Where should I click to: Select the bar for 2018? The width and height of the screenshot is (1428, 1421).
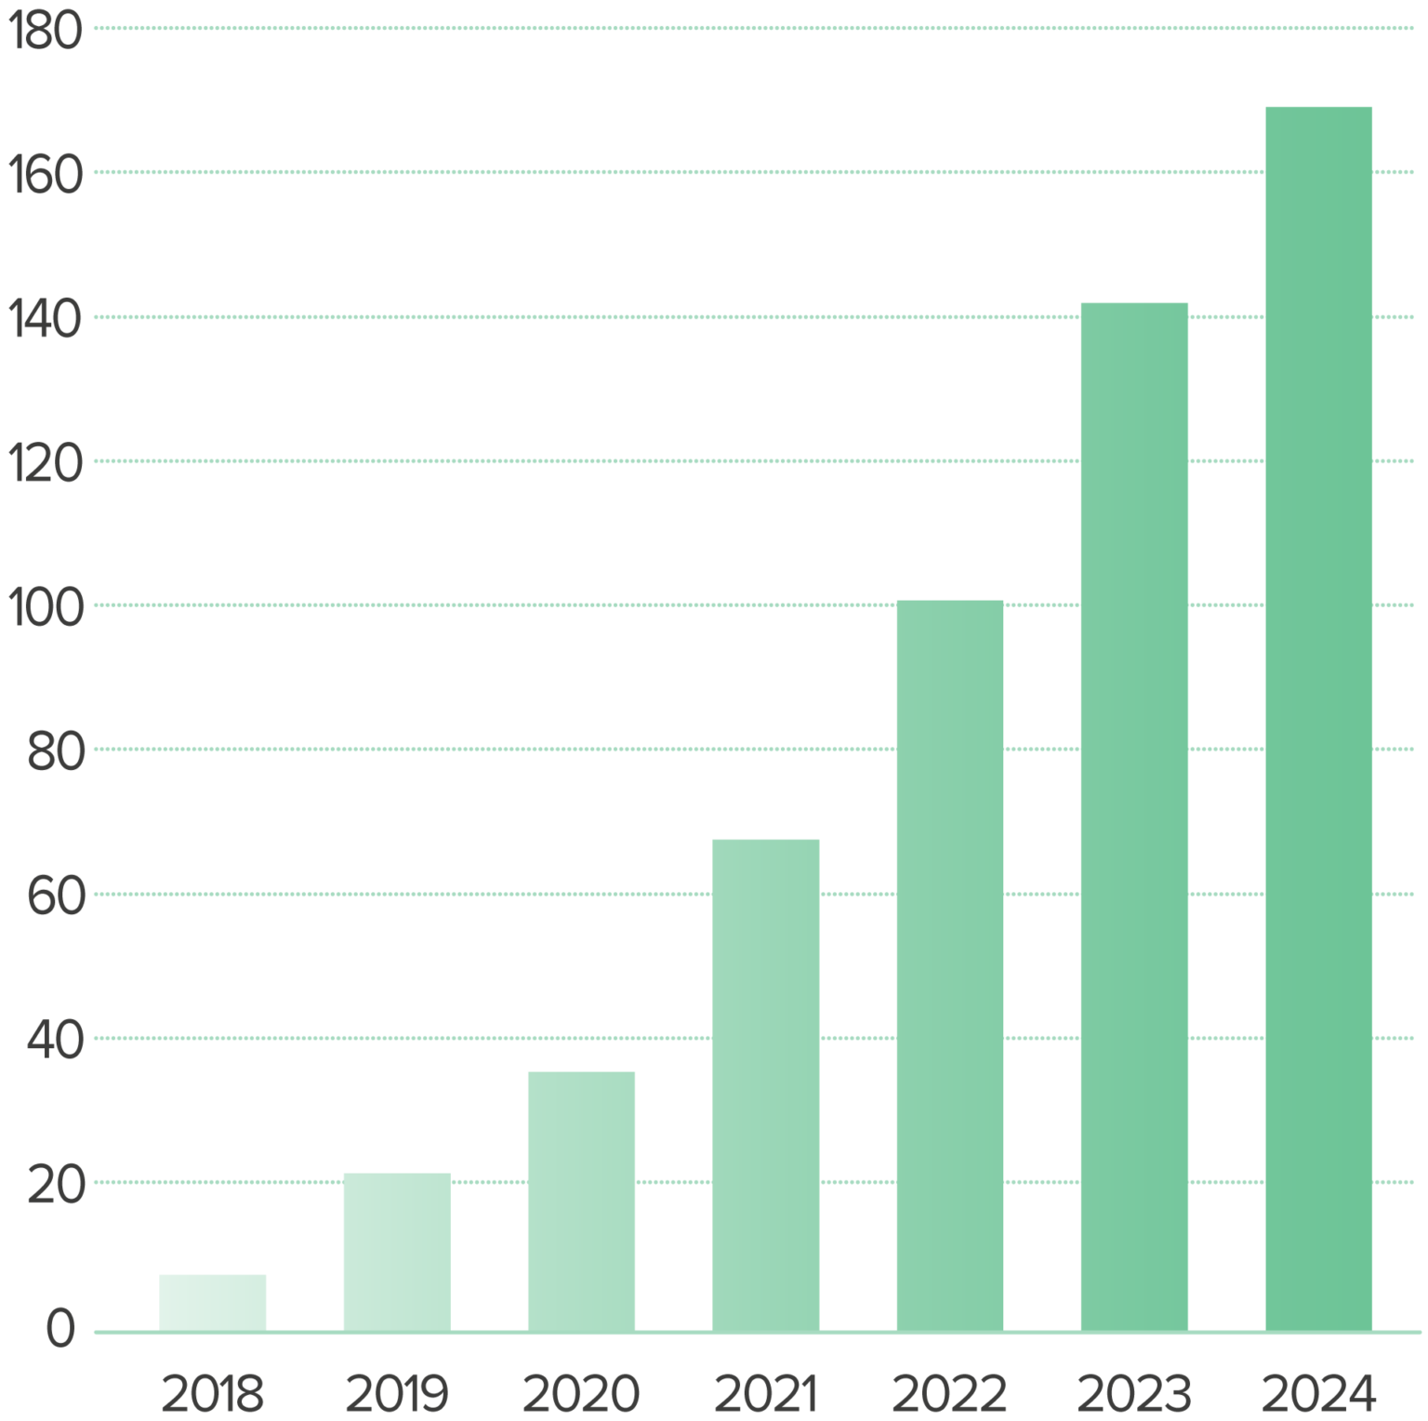point(213,1302)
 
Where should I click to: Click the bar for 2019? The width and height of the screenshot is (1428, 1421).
point(397,1252)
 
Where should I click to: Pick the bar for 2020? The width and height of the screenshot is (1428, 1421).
point(581,1201)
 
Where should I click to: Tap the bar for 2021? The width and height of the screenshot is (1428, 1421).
point(766,1084)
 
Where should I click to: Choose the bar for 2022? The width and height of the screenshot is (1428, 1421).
point(950,965)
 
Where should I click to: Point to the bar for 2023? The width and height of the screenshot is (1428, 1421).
point(1134,817)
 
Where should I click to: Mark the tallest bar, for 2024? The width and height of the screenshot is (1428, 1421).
point(1318,718)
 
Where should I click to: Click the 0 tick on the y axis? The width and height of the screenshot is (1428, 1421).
point(61,1330)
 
